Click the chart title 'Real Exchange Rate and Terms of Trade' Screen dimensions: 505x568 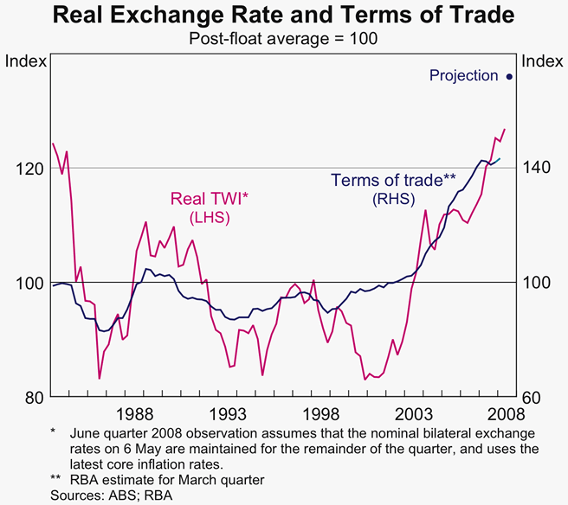tap(284, 16)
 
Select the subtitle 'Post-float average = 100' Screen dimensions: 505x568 tap(284, 38)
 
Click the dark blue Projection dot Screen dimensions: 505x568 tap(509, 76)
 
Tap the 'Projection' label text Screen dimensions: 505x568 tap(463, 76)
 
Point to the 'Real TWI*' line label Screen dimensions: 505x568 tap(210, 199)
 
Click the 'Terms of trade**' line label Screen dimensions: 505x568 tap(393, 181)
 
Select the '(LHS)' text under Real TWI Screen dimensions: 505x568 tap(210, 217)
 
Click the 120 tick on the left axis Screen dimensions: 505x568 tap(28, 168)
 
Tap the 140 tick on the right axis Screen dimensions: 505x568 tap(539, 168)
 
